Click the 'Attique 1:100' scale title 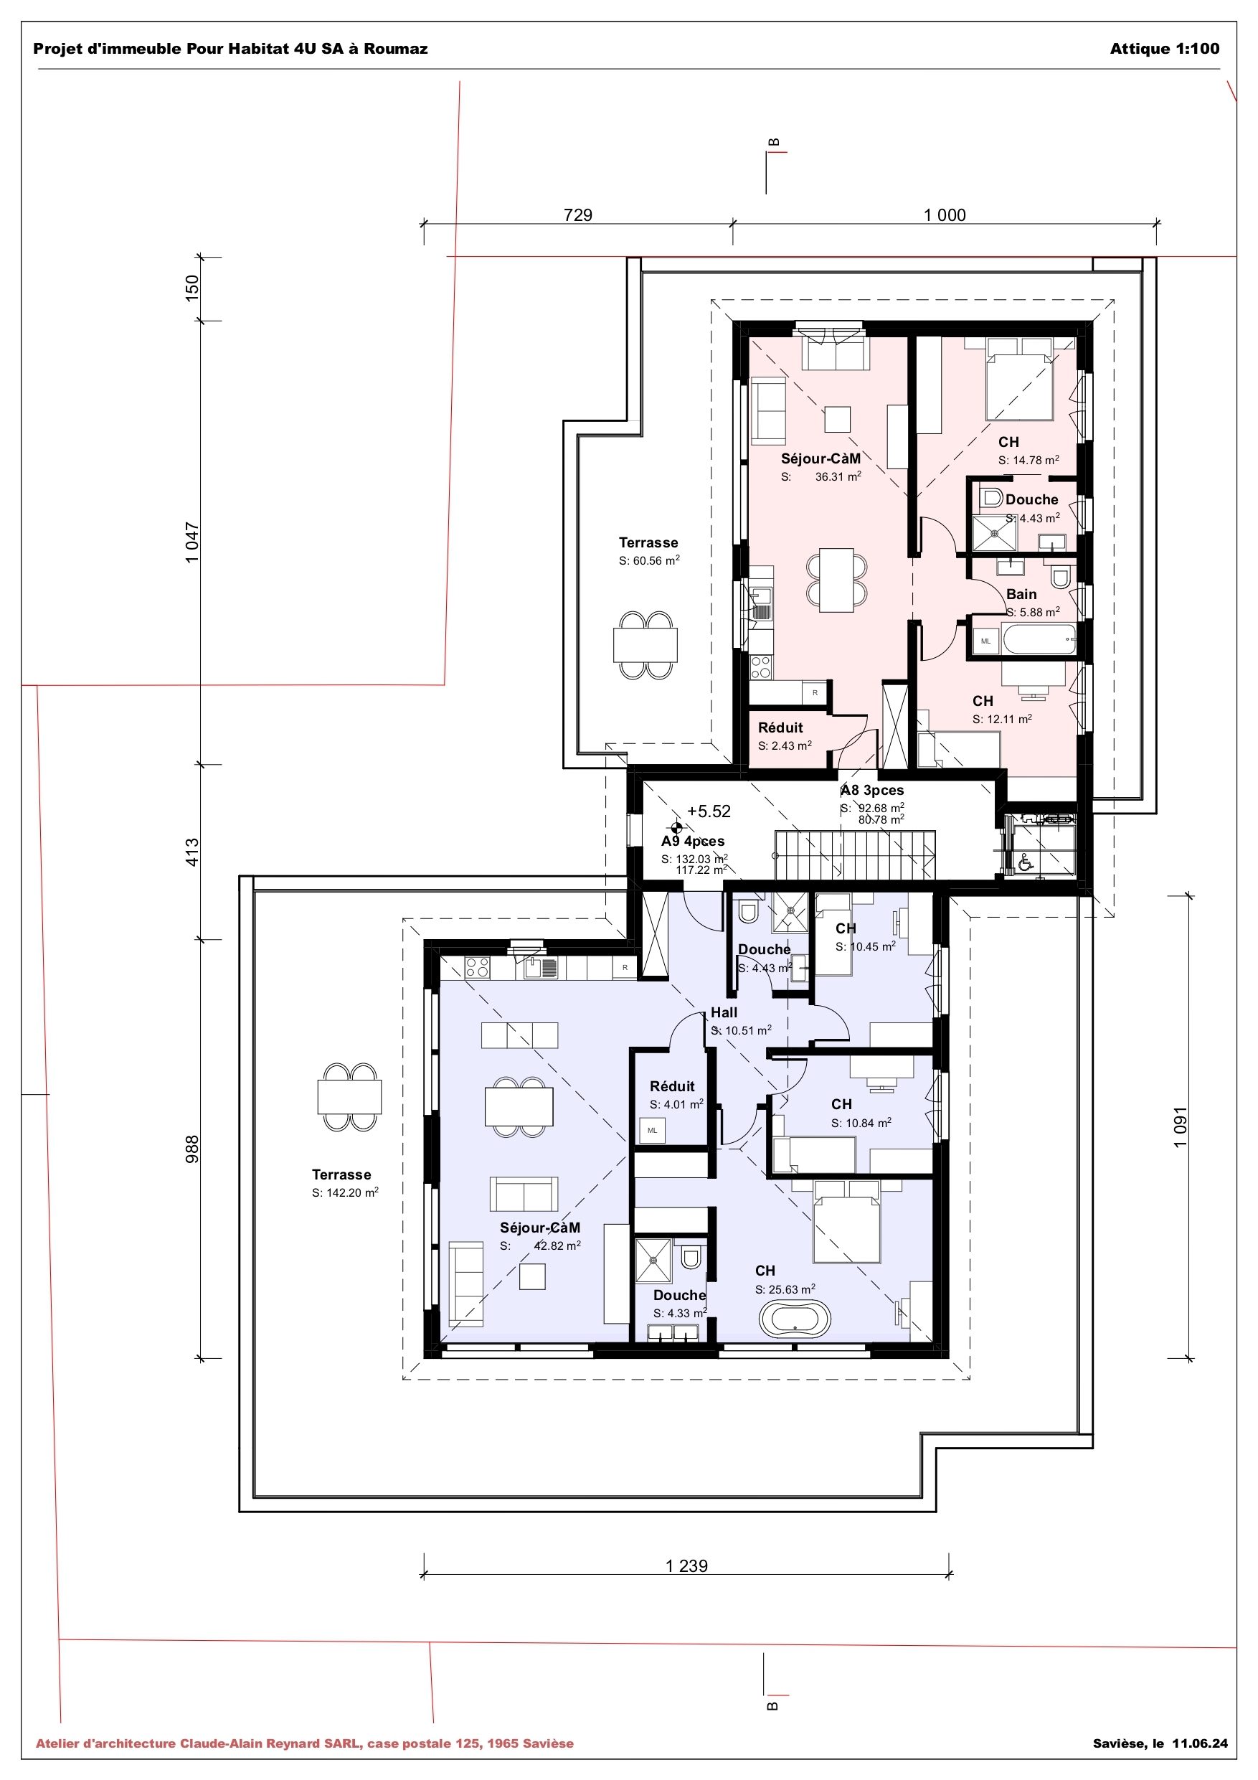[1164, 49]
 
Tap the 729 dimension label [577, 215]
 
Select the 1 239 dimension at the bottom [686, 1565]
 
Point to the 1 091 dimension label [1180, 1126]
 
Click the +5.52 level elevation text [709, 811]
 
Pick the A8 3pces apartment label [872, 790]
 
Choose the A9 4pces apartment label [693, 841]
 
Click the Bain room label [1021, 594]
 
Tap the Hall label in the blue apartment [724, 1012]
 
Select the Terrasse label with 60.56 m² [648, 542]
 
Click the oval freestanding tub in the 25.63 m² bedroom [795, 1319]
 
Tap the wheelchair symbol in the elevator [1026, 862]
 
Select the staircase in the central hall [854, 855]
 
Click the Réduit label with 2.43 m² [780, 727]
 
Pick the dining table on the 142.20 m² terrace [349, 1097]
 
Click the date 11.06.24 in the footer [1199, 1743]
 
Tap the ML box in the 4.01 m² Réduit [652, 1130]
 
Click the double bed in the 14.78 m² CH [1018, 386]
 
